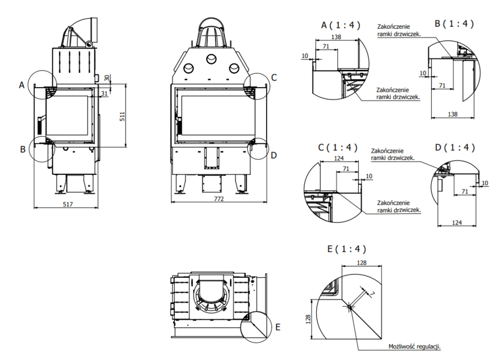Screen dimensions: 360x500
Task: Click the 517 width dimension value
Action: coord(67,205)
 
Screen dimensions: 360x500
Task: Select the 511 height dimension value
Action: coord(122,116)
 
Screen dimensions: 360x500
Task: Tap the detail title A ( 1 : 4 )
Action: coord(341,24)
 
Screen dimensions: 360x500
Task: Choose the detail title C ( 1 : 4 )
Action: coord(338,148)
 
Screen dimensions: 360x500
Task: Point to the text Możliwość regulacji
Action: coord(414,346)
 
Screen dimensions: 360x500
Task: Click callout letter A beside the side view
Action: coord(22,85)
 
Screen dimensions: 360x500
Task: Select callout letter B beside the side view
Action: coord(22,149)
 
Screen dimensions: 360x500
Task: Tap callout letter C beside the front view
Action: coord(274,77)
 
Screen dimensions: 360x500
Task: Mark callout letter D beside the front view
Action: coord(273,155)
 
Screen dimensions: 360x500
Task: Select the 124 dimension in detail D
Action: coord(457,223)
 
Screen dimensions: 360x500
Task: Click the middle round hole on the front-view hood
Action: coord(212,59)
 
